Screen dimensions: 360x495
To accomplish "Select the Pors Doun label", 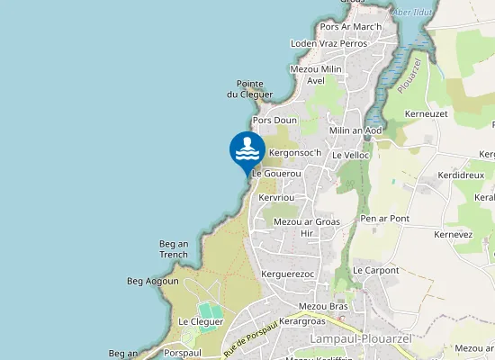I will point(274,120).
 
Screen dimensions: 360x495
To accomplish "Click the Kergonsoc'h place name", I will point(295,153).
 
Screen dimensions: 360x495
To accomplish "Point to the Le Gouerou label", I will point(275,174).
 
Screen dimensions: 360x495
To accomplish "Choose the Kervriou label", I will point(276,197).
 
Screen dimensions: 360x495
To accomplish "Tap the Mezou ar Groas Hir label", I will point(306,227).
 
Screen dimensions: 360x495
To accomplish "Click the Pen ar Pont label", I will point(384,219).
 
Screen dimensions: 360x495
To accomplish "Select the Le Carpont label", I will point(375,270).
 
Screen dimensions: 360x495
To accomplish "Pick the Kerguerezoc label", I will point(286,274).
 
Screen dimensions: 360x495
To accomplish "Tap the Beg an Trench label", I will point(174,248).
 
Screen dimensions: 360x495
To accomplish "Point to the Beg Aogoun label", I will point(153,281).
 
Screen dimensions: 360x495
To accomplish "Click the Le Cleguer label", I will point(200,321).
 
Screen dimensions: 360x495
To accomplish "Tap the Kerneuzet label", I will point(427,115).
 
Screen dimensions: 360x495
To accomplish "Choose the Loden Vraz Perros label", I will point(328,43).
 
